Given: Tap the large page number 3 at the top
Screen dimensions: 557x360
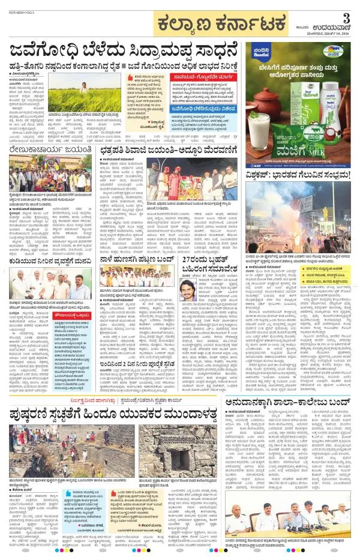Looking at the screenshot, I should coord(346,17).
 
